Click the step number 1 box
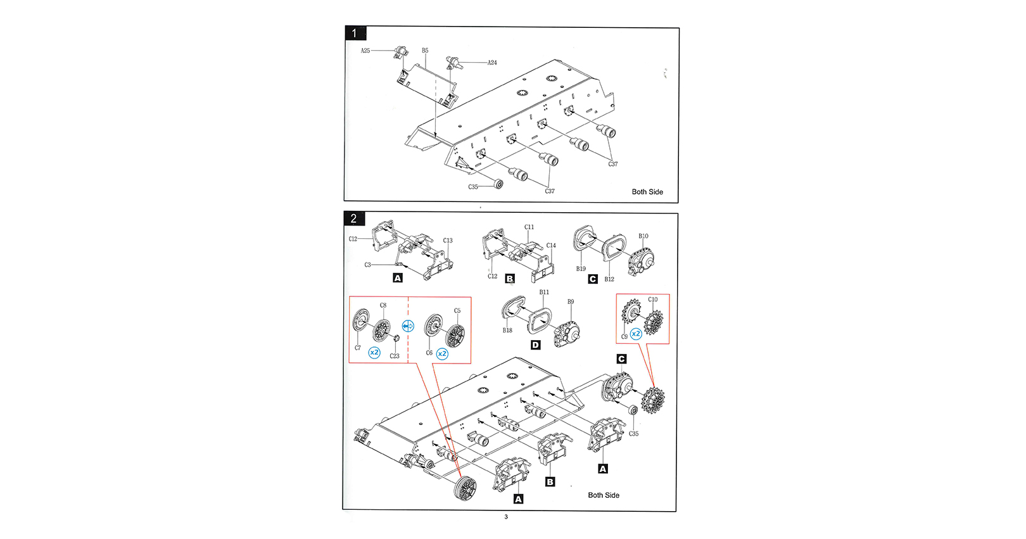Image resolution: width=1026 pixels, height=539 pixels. pyautogui.click(x=355, y=33)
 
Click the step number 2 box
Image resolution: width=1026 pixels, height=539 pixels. pyautogui.click(x=354, y=219)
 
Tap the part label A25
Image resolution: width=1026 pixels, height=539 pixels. pyautogui.click(x=365, y=51)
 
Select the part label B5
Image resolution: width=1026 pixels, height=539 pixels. pyautogui.click(x=425, y=51)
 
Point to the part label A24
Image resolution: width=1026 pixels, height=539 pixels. pyautogui.click(x=492, y=63)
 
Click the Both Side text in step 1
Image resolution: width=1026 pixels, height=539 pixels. pyautogui.click(x=647, y=192)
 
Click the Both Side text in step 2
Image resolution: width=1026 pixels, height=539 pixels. pyautogui.click(x=604, y=495)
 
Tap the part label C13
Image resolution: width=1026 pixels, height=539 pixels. pyautogui.click(x=448, y=241)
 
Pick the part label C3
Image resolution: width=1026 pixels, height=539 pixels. pyautogui.click(x=367, y=265)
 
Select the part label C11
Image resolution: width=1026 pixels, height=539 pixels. pyautogui.click(x=529, y=227)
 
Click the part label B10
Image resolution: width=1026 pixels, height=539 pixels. pyautogui.click(x=643, y=236)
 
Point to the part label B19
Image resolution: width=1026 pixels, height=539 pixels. pyautogui.click(x=581, y=269)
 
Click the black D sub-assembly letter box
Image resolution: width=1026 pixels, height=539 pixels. pyautogui.click(x=536, y=345)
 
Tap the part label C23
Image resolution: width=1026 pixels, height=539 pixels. pyautogui.click(x=395, y=356)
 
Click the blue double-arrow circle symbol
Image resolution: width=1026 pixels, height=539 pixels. pyautogui.click(x=408, y=326)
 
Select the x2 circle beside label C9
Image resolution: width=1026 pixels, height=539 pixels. pyautogui.click(x=636, y=334)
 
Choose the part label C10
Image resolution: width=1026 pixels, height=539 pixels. pyautogui.click(x=652, y=300)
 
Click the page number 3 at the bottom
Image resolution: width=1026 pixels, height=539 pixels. pyautogui.click(x=506, y=517)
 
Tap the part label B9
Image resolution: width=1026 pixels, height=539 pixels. pyautogui.click(x=571, y=302)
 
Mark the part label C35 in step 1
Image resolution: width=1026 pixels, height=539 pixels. pyautogui.click(x=473, y=187)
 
